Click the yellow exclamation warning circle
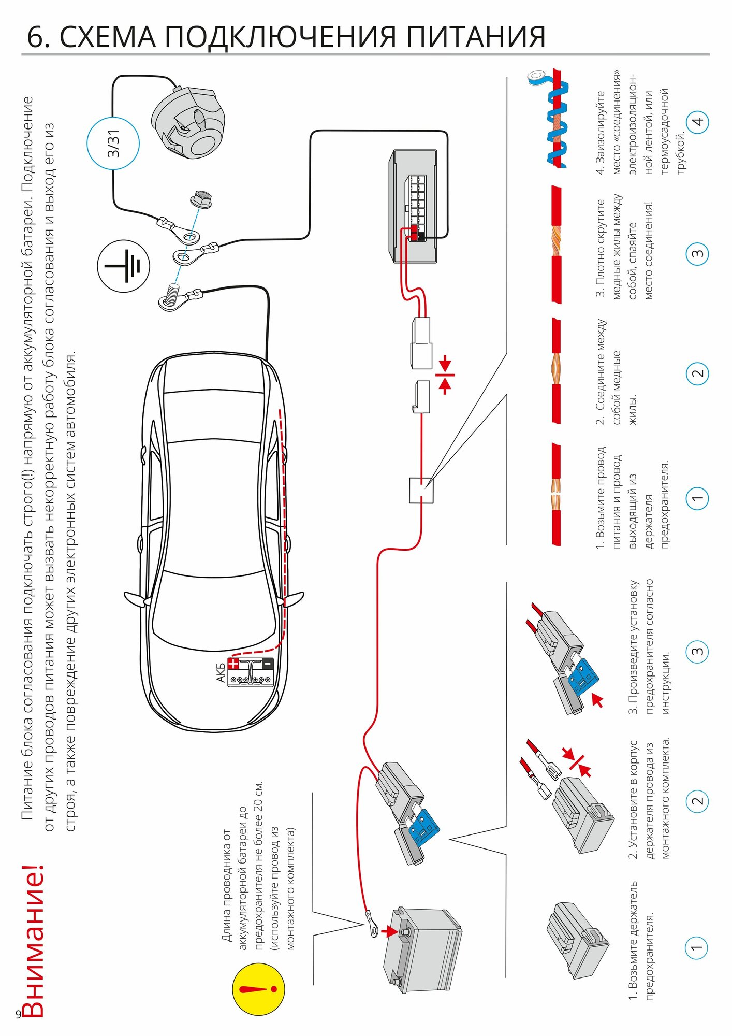coord(258,989)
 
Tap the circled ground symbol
coord(123,266)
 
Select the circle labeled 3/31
coord(113,143)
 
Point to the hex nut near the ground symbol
coord(201,199)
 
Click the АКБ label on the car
coord(221,672)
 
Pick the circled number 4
coord(697,122)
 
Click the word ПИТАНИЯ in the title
coord(476,37)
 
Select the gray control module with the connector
coord(415,206)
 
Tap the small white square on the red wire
coord(421,490)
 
